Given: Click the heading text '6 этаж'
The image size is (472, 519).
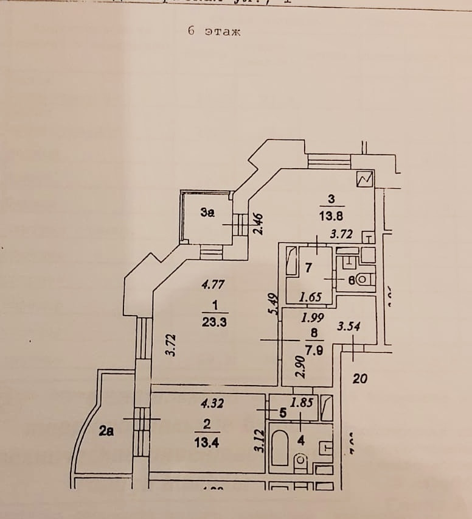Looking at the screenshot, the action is click(214, 32).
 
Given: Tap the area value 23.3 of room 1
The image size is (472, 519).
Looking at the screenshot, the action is click(213, 323).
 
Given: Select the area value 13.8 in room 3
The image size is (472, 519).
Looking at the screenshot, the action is click(330, 215).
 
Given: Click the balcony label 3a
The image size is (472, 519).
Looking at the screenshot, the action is click(207, 213).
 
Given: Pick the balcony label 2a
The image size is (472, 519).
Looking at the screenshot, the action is click(106, 432).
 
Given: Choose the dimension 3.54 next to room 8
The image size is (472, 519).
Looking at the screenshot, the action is click(349, 327).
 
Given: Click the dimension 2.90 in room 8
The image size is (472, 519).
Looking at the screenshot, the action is click(299, 366).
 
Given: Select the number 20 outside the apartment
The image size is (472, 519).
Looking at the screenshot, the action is click(360, 379).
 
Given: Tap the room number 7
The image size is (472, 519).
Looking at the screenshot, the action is click(308, 267).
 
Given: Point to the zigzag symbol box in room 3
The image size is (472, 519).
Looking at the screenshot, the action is click(365, 179).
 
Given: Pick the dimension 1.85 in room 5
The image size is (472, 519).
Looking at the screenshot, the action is click(302, 402).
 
